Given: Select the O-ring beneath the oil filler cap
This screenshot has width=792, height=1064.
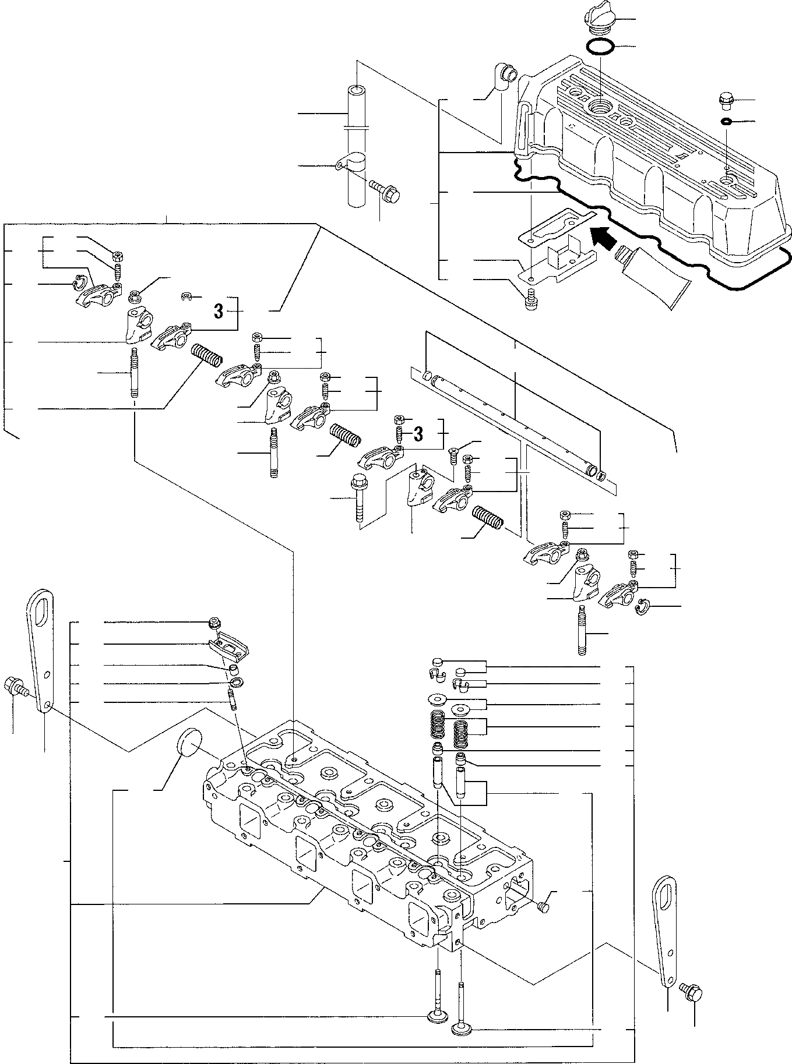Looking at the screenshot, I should click(599, 47).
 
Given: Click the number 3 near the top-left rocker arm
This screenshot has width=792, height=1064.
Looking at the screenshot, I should click(218, 312).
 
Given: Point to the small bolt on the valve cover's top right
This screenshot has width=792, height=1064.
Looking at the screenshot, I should click(726, 100).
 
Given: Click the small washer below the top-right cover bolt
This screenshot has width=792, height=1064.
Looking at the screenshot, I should click(726, 122).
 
